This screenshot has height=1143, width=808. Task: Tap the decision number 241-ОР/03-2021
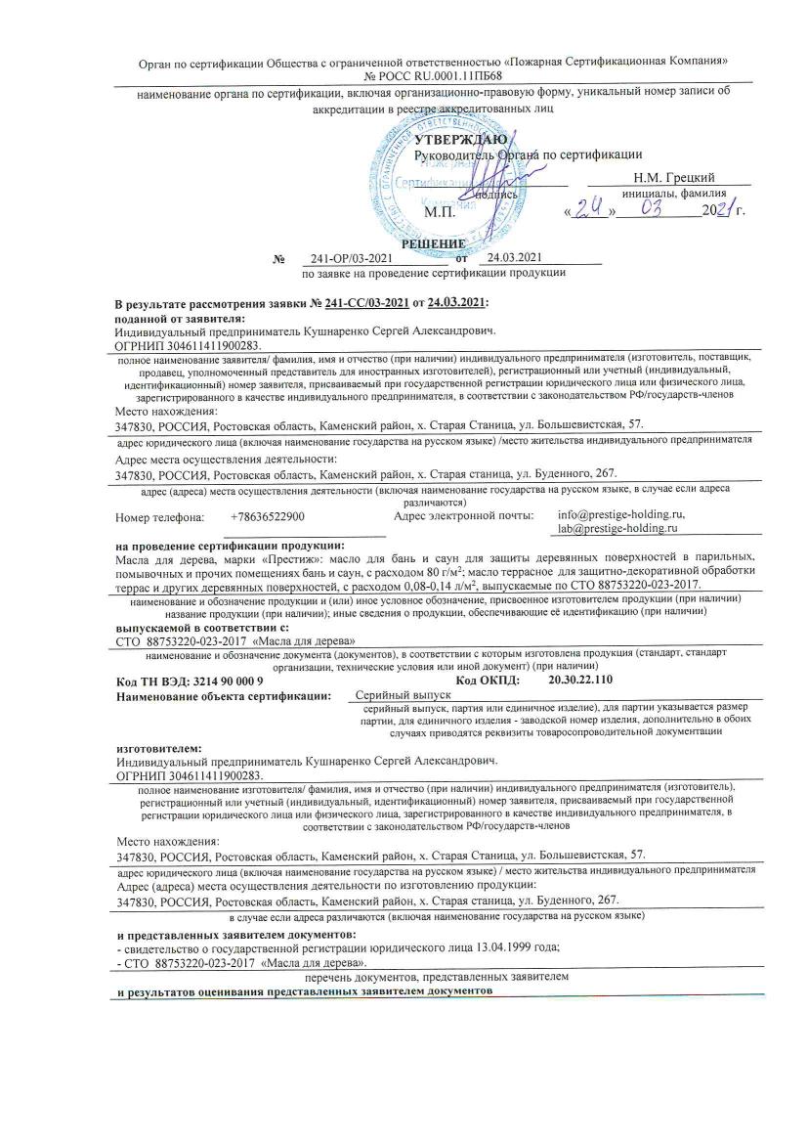[350, 258]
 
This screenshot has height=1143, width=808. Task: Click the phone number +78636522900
[268, 515]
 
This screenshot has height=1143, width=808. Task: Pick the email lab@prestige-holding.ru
[618, 528]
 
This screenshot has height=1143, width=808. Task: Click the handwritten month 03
[655, 207]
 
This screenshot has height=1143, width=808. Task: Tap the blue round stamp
[430, 176]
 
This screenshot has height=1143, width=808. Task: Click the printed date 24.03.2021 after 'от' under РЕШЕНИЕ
[513, 258]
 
